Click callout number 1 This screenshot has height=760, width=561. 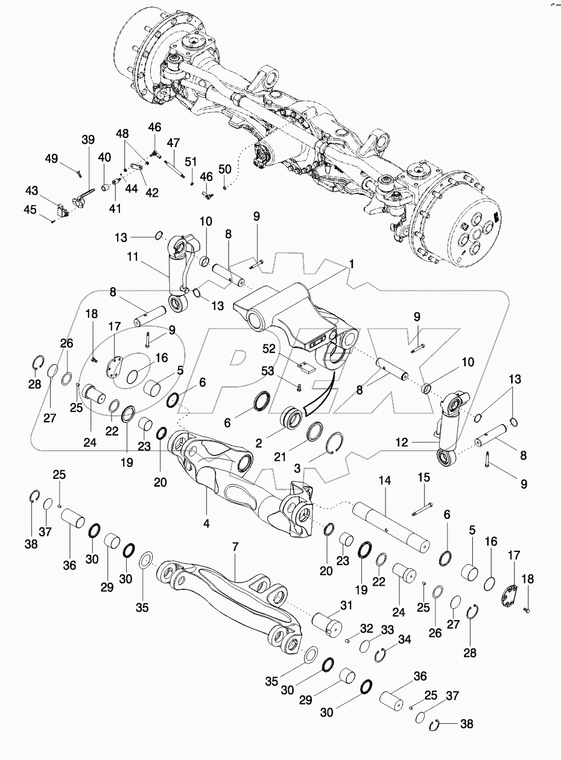pyautogui.click(x=352, y=264)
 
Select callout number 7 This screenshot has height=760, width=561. pyautogui.click(x=236, y=547)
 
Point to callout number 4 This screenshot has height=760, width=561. pyautogui.click(x=206, y=524)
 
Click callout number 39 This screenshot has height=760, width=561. pyautogui.click(x=88, y=140)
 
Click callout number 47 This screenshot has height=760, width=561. pyautogui.click(x=174, y=143)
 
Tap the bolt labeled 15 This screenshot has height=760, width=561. pyautogui.click(x=422, y=509)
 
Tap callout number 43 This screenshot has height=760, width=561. pyautogui.click(x=32, y=190)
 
